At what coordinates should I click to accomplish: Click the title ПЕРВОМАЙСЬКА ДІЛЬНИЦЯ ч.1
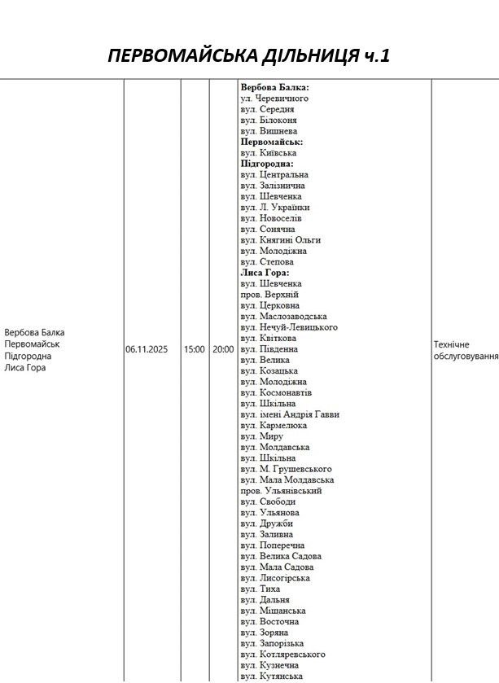[x=249, y=55]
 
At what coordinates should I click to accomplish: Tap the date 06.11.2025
[x=147, y=349]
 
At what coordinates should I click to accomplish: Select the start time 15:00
[x=194, y=349]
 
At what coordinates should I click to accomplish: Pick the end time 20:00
[x=223, y=349]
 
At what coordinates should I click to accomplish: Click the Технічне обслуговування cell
[x=465, y=350]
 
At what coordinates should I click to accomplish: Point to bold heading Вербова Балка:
[x=274, y=87]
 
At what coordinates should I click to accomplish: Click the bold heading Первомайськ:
[x=272, y=142]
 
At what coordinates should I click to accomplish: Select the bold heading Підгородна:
[x=267, y=164]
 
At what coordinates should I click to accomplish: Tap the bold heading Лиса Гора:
[x=265, y=273]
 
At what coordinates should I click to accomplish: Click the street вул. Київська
[x=268, y=152]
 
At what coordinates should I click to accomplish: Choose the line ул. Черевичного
[x=274, y=98]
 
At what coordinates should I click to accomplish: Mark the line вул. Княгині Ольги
[x=280, y=240]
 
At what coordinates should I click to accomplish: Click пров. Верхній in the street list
[x=269, y=295]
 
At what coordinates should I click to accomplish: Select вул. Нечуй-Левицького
[x=288, y=327]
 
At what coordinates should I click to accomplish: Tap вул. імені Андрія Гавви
[x=290, y=414]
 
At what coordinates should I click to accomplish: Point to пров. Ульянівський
[x=281, y=491]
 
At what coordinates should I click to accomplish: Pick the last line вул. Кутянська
[x=271, y=676]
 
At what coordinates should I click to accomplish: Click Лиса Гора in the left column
[x=25, y=367]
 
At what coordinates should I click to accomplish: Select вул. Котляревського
[x=282, y=655]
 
